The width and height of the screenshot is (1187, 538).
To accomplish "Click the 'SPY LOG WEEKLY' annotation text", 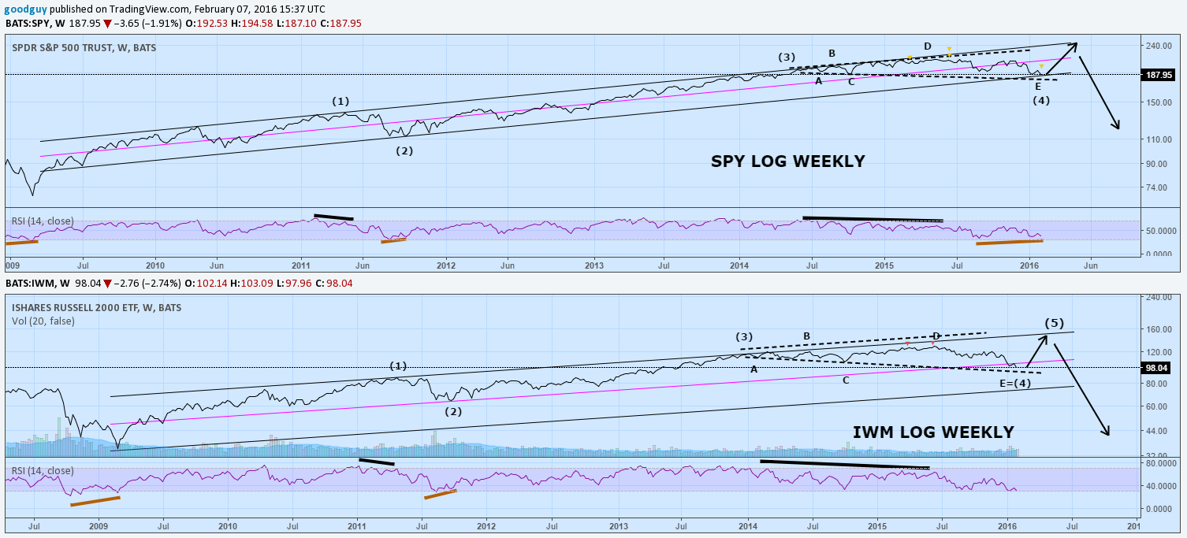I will tap(787, 161).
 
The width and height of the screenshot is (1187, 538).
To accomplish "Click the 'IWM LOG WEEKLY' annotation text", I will tap(933, 432).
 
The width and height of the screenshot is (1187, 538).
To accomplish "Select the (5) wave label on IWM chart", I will tap(1054, 323).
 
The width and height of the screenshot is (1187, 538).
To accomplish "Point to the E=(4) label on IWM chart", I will tap(1014, 383).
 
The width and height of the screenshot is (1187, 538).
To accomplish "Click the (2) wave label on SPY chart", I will tap(404, 151).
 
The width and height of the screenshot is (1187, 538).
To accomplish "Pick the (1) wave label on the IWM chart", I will tap(398, 365).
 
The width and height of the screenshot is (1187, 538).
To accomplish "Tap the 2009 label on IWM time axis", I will tap(98, 525).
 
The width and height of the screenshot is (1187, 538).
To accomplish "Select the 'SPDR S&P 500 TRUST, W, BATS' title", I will tap(84, 48).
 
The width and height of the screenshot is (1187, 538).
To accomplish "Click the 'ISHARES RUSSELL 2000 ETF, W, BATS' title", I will tap(96, 308).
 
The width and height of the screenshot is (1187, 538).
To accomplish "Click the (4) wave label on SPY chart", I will tap(1041, 100).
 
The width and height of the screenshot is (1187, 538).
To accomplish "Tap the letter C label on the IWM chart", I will tap(845, 380).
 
